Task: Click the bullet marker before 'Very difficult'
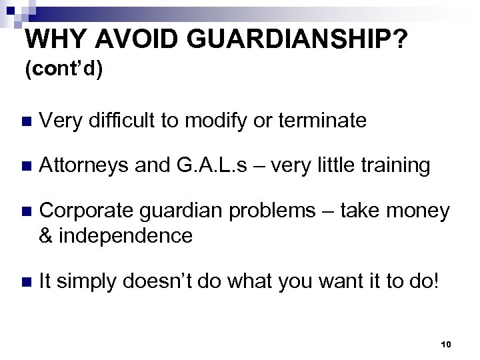[26, 121]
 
